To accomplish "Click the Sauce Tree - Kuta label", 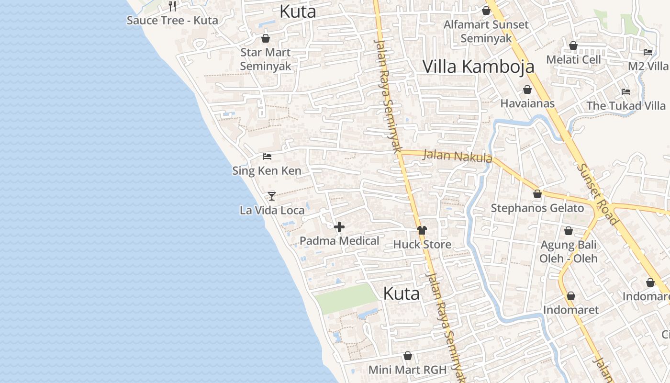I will [172, 21].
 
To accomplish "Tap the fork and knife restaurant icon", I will [172, 6].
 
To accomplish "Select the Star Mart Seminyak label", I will [265, 59].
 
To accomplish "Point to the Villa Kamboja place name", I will [478, 67].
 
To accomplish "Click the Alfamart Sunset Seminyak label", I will [486, 32].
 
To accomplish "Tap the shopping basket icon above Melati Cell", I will [573, 46].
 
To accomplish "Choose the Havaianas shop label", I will [527, 103].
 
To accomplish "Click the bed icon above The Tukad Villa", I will [625, 91].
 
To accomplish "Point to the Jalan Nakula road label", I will [458, 156].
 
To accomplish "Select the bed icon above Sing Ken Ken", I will [267, 157].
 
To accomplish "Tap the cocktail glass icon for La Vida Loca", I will [272, 196].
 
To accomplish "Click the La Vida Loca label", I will [272, 210].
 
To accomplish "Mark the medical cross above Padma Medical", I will [339, 227].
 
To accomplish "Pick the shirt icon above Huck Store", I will [422, 230].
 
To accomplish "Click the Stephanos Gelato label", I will [537, 208].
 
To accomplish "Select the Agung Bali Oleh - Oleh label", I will [569, 252].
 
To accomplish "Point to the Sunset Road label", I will [597, 194].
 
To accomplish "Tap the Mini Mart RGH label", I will [407, 370].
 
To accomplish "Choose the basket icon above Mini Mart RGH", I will [408, 356].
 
